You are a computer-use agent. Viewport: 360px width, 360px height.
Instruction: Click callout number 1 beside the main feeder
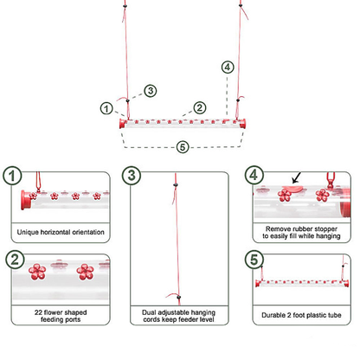[x=106, y=108]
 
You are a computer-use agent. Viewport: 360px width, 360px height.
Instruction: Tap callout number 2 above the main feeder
[x=200, y=108]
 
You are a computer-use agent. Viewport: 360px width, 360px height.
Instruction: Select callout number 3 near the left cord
[x=151, y=91]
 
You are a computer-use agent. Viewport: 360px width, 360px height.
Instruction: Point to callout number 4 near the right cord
[x=228, y=67]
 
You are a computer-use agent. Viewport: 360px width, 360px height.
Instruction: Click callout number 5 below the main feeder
[x=183, y=147]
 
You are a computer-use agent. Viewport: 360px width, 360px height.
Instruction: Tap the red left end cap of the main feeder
[x=123, y=124]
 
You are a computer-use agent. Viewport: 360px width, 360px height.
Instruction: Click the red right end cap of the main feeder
[x=243, y=124]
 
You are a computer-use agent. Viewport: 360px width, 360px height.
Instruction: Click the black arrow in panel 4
[x=296, y=177]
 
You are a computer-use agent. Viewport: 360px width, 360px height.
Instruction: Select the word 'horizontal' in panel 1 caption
[x=55, y=232]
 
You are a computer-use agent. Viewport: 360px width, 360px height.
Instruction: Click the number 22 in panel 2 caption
[x=38, y=312]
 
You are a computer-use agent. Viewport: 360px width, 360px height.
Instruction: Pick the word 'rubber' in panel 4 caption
[x=301, y=229]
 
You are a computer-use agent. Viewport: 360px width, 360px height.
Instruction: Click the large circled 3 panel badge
[x=132, y=176]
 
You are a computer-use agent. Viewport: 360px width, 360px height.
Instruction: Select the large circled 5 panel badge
[x=254, y=259]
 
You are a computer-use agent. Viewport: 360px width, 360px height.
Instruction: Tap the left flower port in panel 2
[x=37, y=272]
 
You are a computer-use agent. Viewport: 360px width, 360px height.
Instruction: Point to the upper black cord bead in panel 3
[x=175, y=184]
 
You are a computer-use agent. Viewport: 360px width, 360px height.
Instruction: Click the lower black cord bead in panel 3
[x=179, y=297]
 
